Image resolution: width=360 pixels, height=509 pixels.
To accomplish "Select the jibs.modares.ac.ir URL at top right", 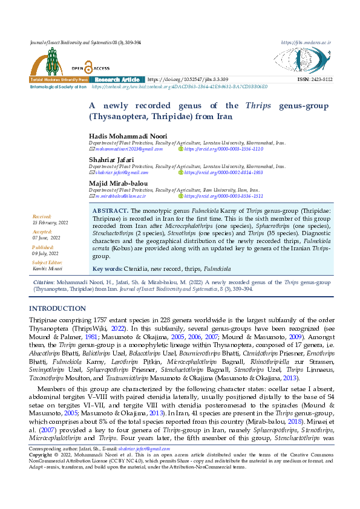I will click(x=306, y=43).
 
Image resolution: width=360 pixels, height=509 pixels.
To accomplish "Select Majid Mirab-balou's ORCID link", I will click(x=223, y=196).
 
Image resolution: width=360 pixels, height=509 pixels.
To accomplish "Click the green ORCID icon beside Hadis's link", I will click(x=181, y=148).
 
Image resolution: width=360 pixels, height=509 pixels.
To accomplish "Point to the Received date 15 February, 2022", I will click(x=50, y=222).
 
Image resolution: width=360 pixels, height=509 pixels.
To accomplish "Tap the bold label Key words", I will click(x=106, y=268).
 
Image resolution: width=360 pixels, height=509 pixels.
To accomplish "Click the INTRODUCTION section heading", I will click(x=57, y=308).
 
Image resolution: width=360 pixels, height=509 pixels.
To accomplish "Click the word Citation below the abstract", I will click(x=44, y=282).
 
